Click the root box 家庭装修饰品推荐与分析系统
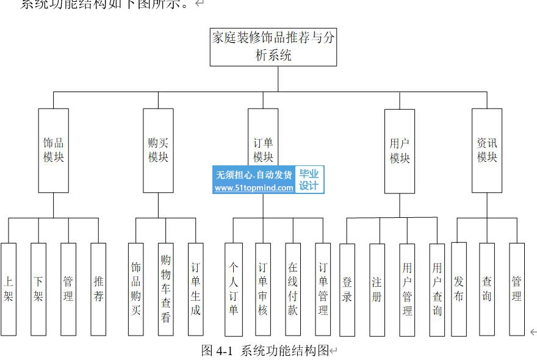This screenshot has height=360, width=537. pos(273,47)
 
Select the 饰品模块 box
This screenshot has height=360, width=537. pos(53,151)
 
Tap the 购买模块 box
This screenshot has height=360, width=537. pos(158,151)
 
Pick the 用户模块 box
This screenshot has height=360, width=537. pos(400,151)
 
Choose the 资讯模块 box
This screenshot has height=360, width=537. pos(487,151)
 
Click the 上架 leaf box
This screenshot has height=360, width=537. pos(9,289)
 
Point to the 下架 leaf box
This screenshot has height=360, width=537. pos(38,289)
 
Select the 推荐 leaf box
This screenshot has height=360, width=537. pos(98,289)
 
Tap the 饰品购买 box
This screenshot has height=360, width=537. pos(136,289)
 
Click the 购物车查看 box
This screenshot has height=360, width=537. pos(165,289)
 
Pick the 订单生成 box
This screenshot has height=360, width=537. pos(195,289)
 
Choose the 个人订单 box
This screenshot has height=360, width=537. pos(233,289)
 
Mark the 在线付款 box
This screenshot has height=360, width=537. pos(293,289)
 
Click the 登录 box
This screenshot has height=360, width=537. pos(347,289)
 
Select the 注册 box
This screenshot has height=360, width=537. pos(377,289)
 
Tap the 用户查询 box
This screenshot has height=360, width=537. pos(437,289)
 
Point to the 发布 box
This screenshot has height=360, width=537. pos(459,289)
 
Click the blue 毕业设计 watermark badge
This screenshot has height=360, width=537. pos(309,180)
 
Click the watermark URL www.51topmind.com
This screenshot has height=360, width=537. pos(254,188)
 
